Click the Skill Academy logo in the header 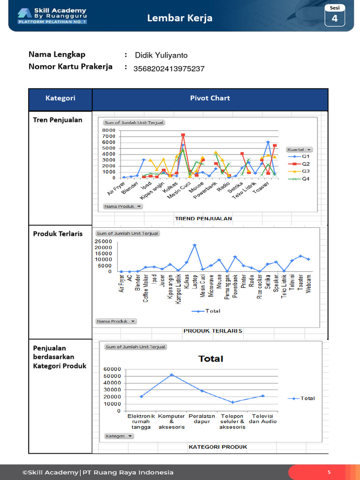(x=52, y=15)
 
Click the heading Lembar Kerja (x=180, y=18)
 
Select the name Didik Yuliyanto (x=161, y=55)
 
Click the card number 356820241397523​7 (x=169, y=69)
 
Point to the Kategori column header (x=60, y=98)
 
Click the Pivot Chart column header (x=210, y=98)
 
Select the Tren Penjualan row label (x=57, y=120)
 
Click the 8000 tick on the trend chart (x=108, y=130)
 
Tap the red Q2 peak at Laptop (x=183, y=135)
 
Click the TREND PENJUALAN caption (x=203, y=218)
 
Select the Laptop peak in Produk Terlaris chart (x=195, y=245)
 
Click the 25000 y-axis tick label (x=104, y=241)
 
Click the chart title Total (x=210, y=359)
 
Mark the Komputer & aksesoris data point (x=172, y=375)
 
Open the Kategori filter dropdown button (x=119, y=436)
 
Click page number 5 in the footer (x=329, y=472)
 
